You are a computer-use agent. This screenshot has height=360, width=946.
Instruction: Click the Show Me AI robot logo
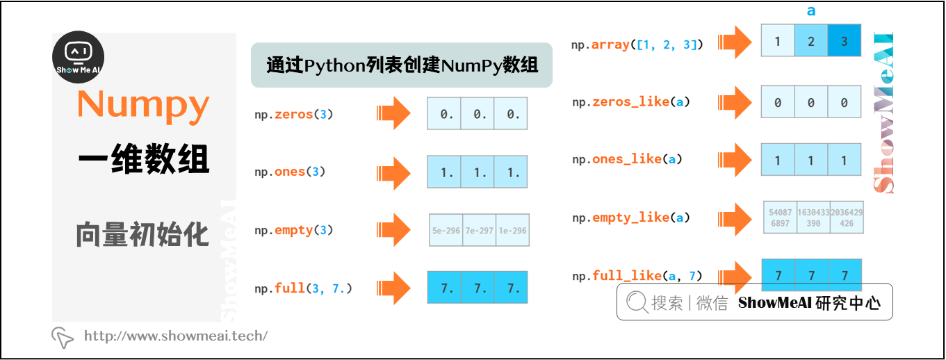pos(79,58)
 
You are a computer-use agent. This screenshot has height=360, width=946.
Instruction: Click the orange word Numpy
pos(143,104)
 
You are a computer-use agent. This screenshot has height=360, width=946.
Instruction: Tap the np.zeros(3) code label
pos(294,114)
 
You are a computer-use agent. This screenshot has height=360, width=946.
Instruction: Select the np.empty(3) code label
pos(294,230)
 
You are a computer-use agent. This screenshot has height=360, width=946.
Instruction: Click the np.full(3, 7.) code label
pos(304,288)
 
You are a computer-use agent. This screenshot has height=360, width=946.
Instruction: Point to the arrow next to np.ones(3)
pos(393,172)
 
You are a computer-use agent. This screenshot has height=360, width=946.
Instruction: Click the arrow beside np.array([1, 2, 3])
pos(735,44)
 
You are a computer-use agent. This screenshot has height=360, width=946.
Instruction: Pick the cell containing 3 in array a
pos(845,41)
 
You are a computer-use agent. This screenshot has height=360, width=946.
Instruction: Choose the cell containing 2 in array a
pos(811,41)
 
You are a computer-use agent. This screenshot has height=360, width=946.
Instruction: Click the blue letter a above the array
pos(811,11)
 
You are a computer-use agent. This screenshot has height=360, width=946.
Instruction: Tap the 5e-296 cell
pos(446,231)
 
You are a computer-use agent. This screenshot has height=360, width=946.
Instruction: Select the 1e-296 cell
pos(512,231)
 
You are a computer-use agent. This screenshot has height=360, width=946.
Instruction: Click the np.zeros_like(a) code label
pos(631,102)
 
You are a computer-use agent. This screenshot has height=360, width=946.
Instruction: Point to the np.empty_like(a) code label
pos(631,218)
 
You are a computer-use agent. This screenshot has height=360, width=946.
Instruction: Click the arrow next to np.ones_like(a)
pos(735,160)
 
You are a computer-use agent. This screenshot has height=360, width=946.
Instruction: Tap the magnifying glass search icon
pos(637,302)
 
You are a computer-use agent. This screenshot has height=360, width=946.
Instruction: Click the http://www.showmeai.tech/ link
pos(176,336)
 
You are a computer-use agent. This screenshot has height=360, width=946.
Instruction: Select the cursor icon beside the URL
pos(63,337)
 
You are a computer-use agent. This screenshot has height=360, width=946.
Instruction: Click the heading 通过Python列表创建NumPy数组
pos(402,66)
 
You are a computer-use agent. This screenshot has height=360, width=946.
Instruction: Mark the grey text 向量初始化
pos(143,234)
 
